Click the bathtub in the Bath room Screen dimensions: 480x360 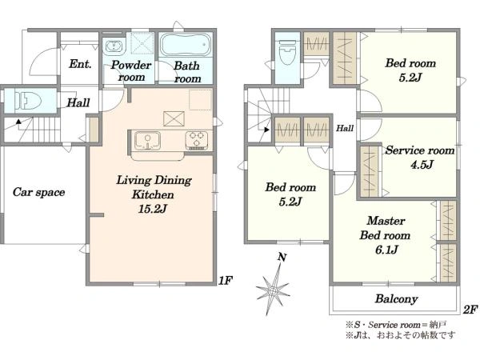click(x=186, y=45)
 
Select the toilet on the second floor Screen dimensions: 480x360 click(x=287, y=52)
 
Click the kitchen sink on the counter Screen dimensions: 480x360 click(x=147, y=141)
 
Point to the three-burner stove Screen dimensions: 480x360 click(x=197, y=140)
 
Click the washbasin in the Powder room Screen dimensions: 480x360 click(x=114, y=47)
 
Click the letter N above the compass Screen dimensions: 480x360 click(x=282, y=257)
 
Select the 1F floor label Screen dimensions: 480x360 click(x=226, y=280)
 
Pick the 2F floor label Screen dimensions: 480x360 click(x=470, y=310)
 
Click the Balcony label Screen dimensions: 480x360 click(x=397, y=298)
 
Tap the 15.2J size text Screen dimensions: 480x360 click(x=153, y=209)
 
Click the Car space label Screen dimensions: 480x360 click(x=39, y=192)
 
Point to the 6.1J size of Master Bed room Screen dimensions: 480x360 click(x=386, y=250)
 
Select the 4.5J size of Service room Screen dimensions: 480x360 click(x=422, y=165)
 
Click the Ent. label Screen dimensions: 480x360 click(x=80, y=64)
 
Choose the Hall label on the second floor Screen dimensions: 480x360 click(x=345, y=128)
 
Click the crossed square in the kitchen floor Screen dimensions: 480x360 click(x=174, y=118)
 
